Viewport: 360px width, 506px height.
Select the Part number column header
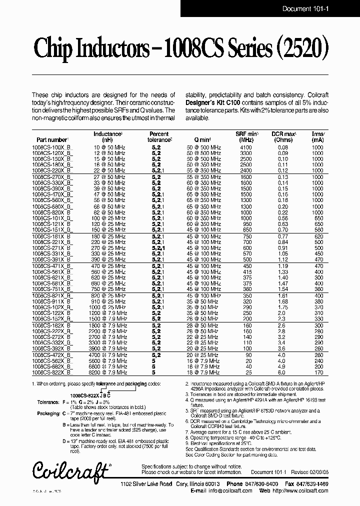(x=52, y=140)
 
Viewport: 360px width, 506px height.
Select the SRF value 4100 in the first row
(x=246, y=148)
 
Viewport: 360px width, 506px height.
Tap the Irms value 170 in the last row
(x=317, y=372)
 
